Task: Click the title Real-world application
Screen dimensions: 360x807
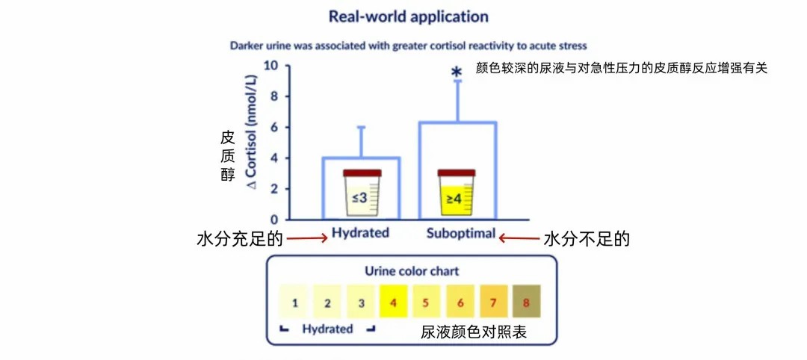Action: point(408,16)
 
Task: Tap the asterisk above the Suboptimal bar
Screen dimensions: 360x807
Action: point(456,73)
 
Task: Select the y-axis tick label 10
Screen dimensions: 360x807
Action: point(270,66)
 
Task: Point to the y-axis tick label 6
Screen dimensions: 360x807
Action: point(274,128)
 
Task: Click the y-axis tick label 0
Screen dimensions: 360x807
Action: point(274,220)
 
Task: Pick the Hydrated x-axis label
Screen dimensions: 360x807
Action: point(360,232)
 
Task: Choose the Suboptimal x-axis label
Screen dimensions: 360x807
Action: point(460,233)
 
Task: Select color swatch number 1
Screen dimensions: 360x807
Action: point(295,302)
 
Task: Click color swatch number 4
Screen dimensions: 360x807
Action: point(393,302)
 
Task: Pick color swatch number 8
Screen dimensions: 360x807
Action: point(526,302)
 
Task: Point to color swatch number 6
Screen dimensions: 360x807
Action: point(460,302)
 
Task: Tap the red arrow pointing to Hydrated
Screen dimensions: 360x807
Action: point(308,239)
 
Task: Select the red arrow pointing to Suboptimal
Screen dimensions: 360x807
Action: point(519,239)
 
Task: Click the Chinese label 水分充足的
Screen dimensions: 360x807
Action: point(240,240)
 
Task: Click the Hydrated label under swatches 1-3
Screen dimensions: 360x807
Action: point(327,329)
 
